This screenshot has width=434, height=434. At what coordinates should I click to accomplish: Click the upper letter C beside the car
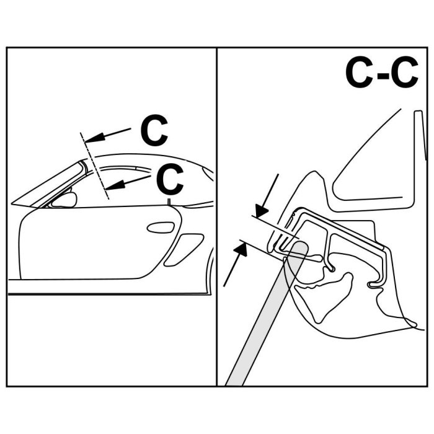(x=154, y=130)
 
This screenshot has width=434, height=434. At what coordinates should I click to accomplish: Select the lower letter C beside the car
(x=169, y=180)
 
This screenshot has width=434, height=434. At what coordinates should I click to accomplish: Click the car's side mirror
(x=63, y=200)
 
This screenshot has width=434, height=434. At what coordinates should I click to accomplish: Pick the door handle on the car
(x=161, y=227)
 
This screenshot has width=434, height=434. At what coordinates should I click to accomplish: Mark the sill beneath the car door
(x=105, y=286)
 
